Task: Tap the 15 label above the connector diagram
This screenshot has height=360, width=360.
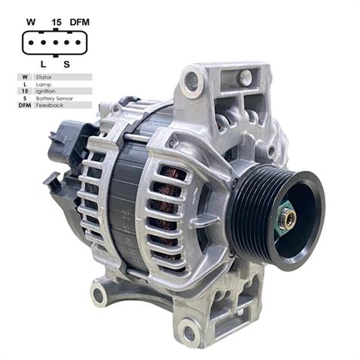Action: pyautogui.click(x=56, y=22)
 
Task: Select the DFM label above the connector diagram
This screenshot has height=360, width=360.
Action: pyautogui.click(x=79, y=22)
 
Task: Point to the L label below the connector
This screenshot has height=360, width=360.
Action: pyautogui.click(x=44, y=65)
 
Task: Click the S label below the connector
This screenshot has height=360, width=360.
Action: pyautogui.click(x=66, y=65)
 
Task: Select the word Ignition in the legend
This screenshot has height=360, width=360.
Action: pyautogui.click(x=46, y=91)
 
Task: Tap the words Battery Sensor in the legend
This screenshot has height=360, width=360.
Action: pyautogui.click(x=53, y=99)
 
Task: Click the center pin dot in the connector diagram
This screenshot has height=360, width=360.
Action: pyautogui.click(x=56, y=44)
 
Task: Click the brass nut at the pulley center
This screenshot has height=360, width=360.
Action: pyautogui.click(x=287, y=219)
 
